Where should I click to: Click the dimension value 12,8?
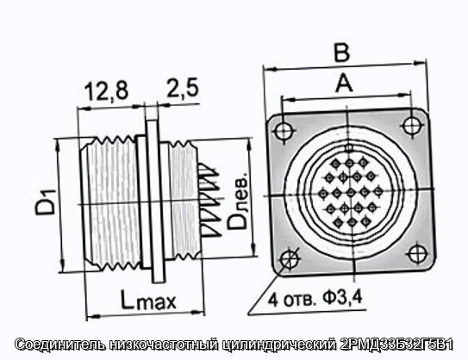pyautogui.click(x=106, y=90)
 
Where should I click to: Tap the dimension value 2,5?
pyautogui.click(x=183, y=88)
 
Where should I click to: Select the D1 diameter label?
pyautogui.click(x=45, y=202)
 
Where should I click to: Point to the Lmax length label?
pyautogui.click(x=148, y=300)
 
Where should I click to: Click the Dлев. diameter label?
pyautogui.click(x=237, y=205)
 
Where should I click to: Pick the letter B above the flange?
pyautogui.click(x=341, y=53)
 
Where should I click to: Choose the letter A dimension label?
pyautogui.click(x=344, y=84)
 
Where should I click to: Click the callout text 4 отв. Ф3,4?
pyautogui.click(x=315, y=299)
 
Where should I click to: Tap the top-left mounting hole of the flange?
pyautogui.click(x=283, y=131)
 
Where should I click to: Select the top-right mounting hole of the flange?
pyautogui.click(x=411, y=125)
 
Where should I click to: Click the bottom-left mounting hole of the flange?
pyautogui.click(x=289, y=258)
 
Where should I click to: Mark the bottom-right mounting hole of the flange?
pyautogui.click(x=416, y=253)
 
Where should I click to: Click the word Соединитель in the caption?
pyautogui.click(x=60, y=344)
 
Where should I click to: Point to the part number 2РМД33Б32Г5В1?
pyautogui.click(x=396, y=344)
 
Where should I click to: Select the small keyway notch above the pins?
pyautogui.click(x=348, y=147)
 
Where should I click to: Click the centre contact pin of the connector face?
pyautogui.click(x=351, y=193)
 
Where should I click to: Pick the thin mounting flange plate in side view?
pyautogui.click(x=155, y=201)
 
